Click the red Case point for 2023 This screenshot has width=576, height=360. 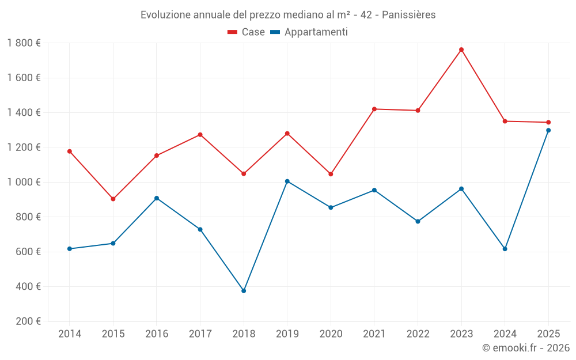point(461,50)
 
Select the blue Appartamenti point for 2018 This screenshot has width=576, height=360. point(244,291)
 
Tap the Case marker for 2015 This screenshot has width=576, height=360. point(113,199)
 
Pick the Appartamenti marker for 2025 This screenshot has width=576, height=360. point(548,130)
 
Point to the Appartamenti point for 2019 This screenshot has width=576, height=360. point(287,181)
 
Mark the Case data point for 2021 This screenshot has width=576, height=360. point(374,109)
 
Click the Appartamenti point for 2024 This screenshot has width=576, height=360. point(505,249)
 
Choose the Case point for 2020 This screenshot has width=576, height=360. point(331,174)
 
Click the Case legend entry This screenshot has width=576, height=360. point(247,32)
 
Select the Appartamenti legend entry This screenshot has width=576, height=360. point(309,32)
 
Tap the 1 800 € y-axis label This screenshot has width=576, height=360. point(24,43)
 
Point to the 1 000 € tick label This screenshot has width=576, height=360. point(24,182)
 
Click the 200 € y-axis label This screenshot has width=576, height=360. point(28,321)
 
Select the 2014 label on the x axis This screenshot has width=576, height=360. point(70,334)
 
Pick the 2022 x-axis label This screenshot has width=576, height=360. point(418,334)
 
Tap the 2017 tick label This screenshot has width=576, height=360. point(200,334)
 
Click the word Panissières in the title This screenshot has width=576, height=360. point(407,14)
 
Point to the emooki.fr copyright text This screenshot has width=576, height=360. point(525,348)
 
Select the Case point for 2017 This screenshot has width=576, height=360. point(200,135)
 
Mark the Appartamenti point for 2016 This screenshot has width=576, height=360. point(157,198)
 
